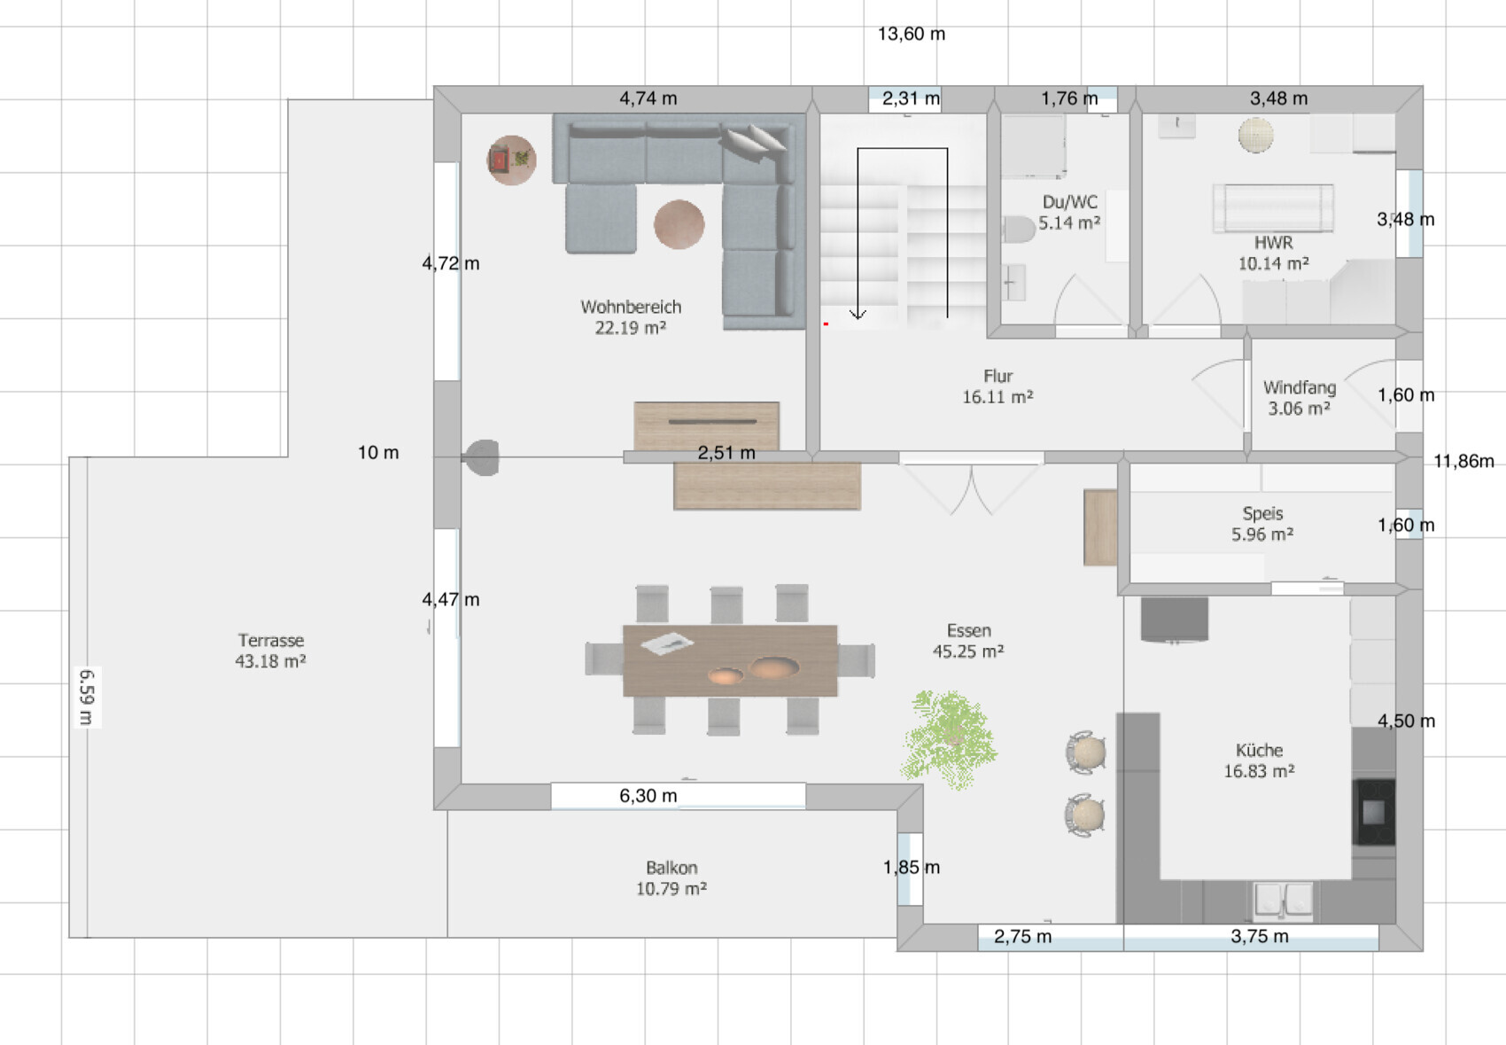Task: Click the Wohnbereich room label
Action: [631, 316]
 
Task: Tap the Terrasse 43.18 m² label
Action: [270, 651]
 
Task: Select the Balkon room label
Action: [671, 877]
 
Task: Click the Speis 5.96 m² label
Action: [1262, 524]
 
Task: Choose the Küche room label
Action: [1259, 760]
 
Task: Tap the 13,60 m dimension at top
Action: [911, 34]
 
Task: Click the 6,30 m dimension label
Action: [648, 796]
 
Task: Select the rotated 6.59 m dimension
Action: [87, 697]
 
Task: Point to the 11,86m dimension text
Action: [1463, 461]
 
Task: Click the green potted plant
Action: [949, 738]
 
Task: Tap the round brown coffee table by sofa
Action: [679, 224]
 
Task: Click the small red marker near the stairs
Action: [826, 324]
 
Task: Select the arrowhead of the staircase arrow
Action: [858, 314]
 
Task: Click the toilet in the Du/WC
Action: [1018, 230]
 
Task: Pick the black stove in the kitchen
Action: [1373, 812]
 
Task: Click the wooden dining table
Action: [730, 660]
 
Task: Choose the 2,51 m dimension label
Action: [726, 453]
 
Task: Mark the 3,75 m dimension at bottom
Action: [1259, 936]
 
